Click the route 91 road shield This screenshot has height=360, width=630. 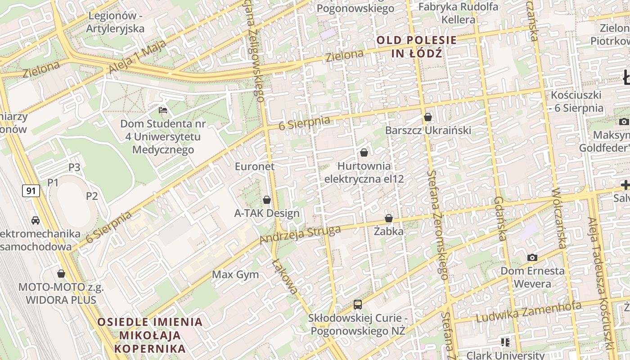[x=31, y=191]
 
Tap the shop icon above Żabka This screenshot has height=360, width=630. [x=389, y=218]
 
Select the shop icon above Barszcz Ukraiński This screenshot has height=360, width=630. [x=428, y=117]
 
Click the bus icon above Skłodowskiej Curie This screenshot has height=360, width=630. [x=358, y=305]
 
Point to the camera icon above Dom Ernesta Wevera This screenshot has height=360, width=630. [x=532, y=257]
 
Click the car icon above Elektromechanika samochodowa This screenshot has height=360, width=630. [x=35, y=220]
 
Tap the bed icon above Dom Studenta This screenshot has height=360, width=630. [x=163, y=110]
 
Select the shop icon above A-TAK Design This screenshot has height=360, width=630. [x=267, y=200]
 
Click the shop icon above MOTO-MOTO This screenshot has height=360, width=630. [x=61, y=274]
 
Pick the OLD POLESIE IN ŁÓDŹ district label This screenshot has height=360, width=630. [x=416, y=47]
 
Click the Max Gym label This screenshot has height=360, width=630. [x=235, y=274]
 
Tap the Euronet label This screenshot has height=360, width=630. [x=255, y=166]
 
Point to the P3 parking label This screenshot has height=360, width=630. [x=74, y=167]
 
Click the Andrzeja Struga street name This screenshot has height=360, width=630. [x=300, y=234]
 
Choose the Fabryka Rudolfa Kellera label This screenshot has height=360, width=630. [x=458, y=13]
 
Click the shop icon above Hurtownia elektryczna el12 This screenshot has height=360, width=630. [x=364, y=153]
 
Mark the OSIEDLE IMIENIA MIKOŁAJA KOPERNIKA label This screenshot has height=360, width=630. [x=150, y=335]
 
